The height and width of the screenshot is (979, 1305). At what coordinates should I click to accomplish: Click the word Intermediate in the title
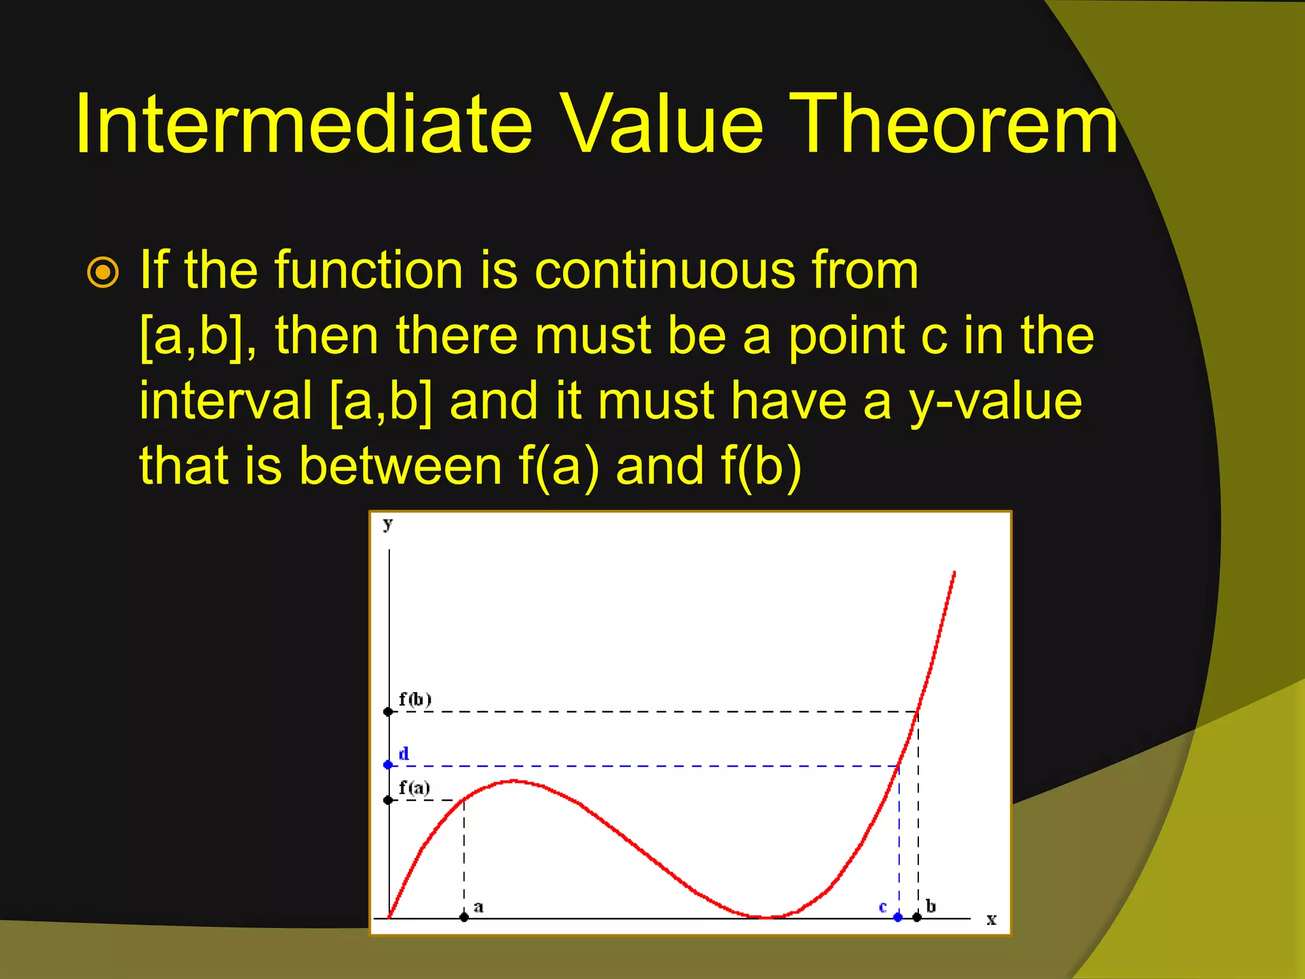[x=303, y=124]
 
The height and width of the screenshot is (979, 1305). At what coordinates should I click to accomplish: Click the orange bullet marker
[x=103, y=273]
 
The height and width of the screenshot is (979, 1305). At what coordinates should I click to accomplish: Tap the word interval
[x=226, y=401]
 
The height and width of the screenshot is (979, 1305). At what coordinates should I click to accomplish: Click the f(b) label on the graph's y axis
[x=415, y=699]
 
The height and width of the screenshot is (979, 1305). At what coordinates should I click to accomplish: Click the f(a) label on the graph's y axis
[x=414, y=788]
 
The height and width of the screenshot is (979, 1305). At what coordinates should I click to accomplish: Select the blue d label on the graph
[x=404, y=754]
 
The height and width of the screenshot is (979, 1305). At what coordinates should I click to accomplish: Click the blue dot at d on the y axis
[x=388, y=765]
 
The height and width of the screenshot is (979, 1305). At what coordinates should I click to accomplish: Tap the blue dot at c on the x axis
[x=898, y=917]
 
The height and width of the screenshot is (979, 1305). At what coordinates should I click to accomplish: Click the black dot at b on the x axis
[x=917, y=917]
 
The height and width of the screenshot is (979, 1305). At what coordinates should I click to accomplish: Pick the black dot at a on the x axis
[x=464, y=917]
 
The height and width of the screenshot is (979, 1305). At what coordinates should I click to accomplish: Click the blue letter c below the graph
[x=883, y=907]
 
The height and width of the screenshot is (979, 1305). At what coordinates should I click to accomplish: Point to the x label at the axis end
[x=991, y=919]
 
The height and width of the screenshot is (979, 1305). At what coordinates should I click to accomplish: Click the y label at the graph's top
[x=387, y=524]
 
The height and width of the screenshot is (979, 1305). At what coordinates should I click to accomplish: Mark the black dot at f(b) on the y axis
[x=388, y=711]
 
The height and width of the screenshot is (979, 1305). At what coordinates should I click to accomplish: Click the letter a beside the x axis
[x=479, y=907]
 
